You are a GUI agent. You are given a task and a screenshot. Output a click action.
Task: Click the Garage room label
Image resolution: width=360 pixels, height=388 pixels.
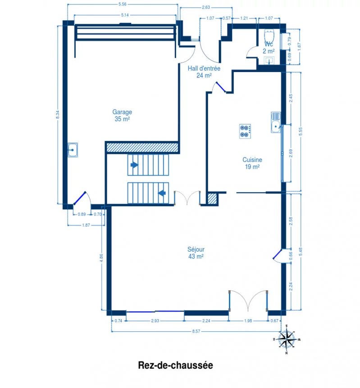tap(122, 112)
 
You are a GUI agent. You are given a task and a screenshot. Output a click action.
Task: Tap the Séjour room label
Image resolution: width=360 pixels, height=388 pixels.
tap(196, 249)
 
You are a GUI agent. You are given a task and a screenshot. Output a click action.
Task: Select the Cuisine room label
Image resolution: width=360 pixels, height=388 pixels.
tap(252, 160)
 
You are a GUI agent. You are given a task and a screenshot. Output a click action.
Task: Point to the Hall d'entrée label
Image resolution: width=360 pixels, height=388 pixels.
tap(204, 68)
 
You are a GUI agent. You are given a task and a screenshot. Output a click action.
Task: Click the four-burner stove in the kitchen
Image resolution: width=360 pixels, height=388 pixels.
tap(245, 131)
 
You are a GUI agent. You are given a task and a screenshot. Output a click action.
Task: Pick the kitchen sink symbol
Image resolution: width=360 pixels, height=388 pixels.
tap(276, 122)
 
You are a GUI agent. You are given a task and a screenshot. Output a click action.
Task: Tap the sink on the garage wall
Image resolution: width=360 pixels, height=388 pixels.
tap(73, 150)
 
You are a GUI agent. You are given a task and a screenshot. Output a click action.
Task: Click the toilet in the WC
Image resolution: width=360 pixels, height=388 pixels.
tap(269, 36)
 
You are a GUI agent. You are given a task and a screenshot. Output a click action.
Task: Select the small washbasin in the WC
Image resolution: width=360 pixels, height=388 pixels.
tap(269, 60)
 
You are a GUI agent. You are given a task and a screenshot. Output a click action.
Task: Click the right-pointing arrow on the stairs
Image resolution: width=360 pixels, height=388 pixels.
tap(135, 165)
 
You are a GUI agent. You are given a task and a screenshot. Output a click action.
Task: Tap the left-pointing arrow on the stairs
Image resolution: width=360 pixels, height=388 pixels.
tap(162, 193)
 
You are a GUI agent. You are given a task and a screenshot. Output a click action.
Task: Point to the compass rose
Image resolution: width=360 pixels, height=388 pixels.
tap(287, 339)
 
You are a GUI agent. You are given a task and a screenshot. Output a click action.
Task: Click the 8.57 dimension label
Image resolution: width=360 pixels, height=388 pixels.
tap(196, 331)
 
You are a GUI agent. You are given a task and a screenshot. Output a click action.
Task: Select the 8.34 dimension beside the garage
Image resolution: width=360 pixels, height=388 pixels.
tap(58, 115)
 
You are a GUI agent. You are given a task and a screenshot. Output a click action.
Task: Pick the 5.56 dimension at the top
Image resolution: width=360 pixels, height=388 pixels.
tap(123, 4)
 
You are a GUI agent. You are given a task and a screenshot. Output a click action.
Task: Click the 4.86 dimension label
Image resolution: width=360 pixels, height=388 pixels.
tap(101, 258)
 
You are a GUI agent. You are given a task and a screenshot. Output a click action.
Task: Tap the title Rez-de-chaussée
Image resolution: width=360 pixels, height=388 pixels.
tap(175, 365)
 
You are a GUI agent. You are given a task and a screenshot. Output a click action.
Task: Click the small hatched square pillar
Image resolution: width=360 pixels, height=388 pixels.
tap(213, 199)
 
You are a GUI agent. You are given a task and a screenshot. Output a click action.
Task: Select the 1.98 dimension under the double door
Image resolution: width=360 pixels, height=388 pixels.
tap(248, 320)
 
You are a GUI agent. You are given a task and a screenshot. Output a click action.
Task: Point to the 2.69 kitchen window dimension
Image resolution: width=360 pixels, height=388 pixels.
tap(291, 153)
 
